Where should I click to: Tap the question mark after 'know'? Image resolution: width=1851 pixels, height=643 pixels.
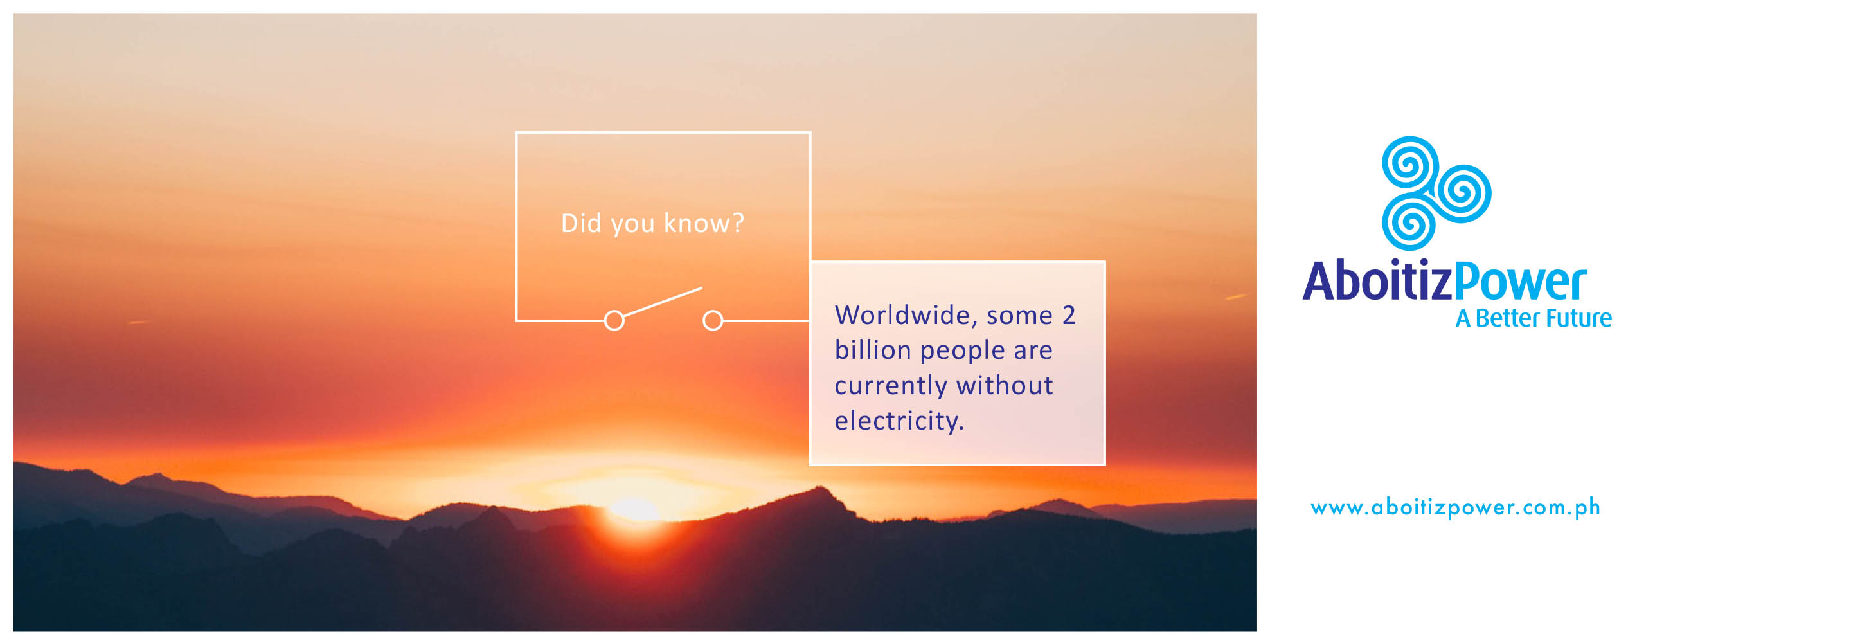coord(737,223)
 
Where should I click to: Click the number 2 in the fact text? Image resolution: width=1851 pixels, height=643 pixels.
coord(1068,315)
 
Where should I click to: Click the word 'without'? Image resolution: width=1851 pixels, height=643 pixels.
coord(1005,386)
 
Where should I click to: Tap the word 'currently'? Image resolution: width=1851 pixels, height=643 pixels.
coord(891,386)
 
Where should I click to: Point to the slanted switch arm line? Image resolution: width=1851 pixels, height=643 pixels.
coord(663,302)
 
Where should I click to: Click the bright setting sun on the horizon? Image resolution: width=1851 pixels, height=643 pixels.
coord(634,509)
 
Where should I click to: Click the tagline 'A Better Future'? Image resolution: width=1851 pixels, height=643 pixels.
coord(1534,318)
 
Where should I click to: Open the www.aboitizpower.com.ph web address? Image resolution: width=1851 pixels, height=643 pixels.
coord(1455,508)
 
